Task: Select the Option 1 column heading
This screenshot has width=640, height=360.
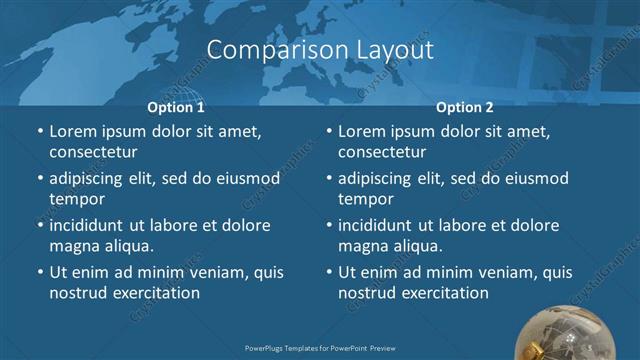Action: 176,106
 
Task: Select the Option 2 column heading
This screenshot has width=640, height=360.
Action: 465,106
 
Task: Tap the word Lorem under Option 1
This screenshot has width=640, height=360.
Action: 72,131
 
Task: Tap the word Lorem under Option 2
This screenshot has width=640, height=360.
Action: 361,131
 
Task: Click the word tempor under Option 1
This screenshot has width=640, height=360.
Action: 75,199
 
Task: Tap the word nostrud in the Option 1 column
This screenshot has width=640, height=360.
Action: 77,293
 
